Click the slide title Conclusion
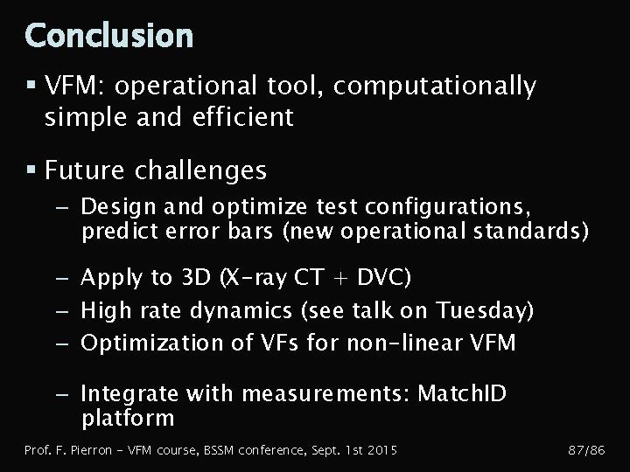click(109, 36)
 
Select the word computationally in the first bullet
click(435, 86)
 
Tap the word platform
click(128, 419)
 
